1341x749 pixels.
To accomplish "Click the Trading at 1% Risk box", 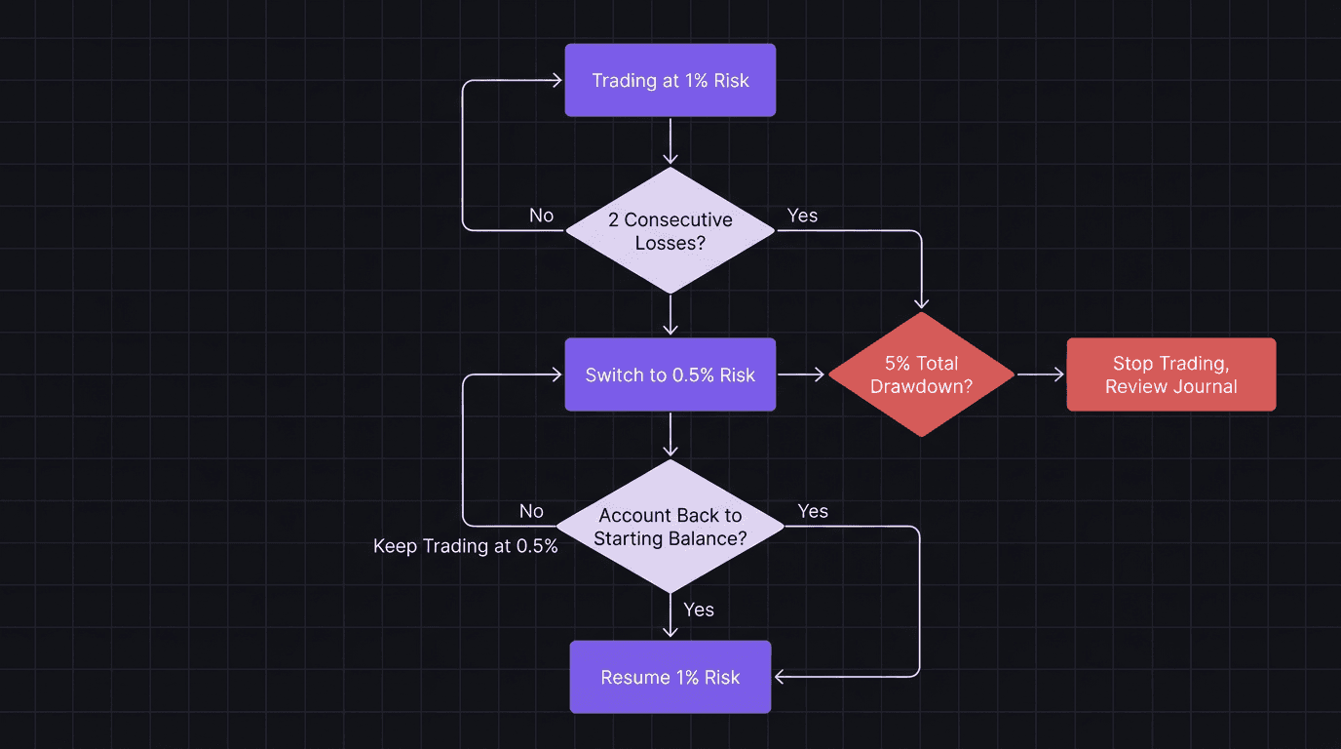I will click(x=670, y=80).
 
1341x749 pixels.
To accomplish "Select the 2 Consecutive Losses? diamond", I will click(x=670, y=230).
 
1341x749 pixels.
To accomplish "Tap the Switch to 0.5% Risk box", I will click(x=670, y=374).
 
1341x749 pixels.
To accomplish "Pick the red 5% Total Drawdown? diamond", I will click(x=921, y=374).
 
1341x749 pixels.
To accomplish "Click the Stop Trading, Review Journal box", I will click(x=1170, y=374).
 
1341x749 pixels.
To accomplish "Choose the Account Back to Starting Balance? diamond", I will click(x=670, y=527).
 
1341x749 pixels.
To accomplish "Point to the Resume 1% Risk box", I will click(x=670, y=677).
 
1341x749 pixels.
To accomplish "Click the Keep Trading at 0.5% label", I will click(x=466, y=546).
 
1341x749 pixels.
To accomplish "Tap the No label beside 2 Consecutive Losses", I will click(x=541, y=215).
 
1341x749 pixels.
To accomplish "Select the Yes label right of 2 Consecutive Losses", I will click(x=802, y=215).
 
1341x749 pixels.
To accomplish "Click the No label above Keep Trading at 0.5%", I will click(x=531, y=511).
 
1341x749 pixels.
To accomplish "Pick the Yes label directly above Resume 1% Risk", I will click(x=699, y=610).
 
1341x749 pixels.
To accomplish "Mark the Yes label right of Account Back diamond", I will click(x=813, y=511).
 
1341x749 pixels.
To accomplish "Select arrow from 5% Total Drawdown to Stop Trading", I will click(x=1040, y=374).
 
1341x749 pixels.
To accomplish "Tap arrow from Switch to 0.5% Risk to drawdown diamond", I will click(x=801, y=374).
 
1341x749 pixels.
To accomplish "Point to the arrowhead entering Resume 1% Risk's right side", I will click(x=780, y=676).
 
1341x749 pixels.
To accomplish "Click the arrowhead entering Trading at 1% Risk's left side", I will click(x=557, y=80).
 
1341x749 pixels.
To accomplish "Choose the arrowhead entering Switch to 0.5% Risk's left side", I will click(x=557, y=374).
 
